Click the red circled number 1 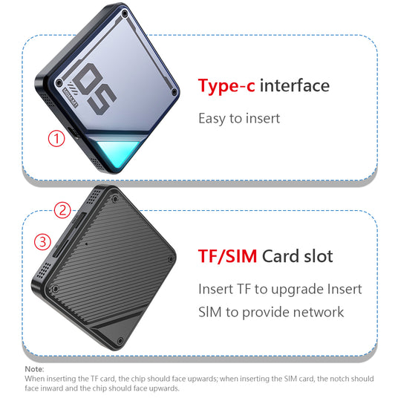(x=56, y=138)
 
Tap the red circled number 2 (x=62, y=210)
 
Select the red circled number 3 (x=42, y=241)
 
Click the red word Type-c (x=226, y=86)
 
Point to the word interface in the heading (x=295, y=85)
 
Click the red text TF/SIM (x=227, y=256)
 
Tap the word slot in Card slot (x=319, y=256)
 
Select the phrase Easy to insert (x=239, y=119)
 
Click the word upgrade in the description (x=297, y=290)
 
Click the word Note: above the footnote (x=34, y=369)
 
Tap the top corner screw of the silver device (x=125, y=13)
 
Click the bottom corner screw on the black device (x=121, y=341)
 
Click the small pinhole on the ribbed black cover (x=87, y=244)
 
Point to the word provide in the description (x=266, y=313)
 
